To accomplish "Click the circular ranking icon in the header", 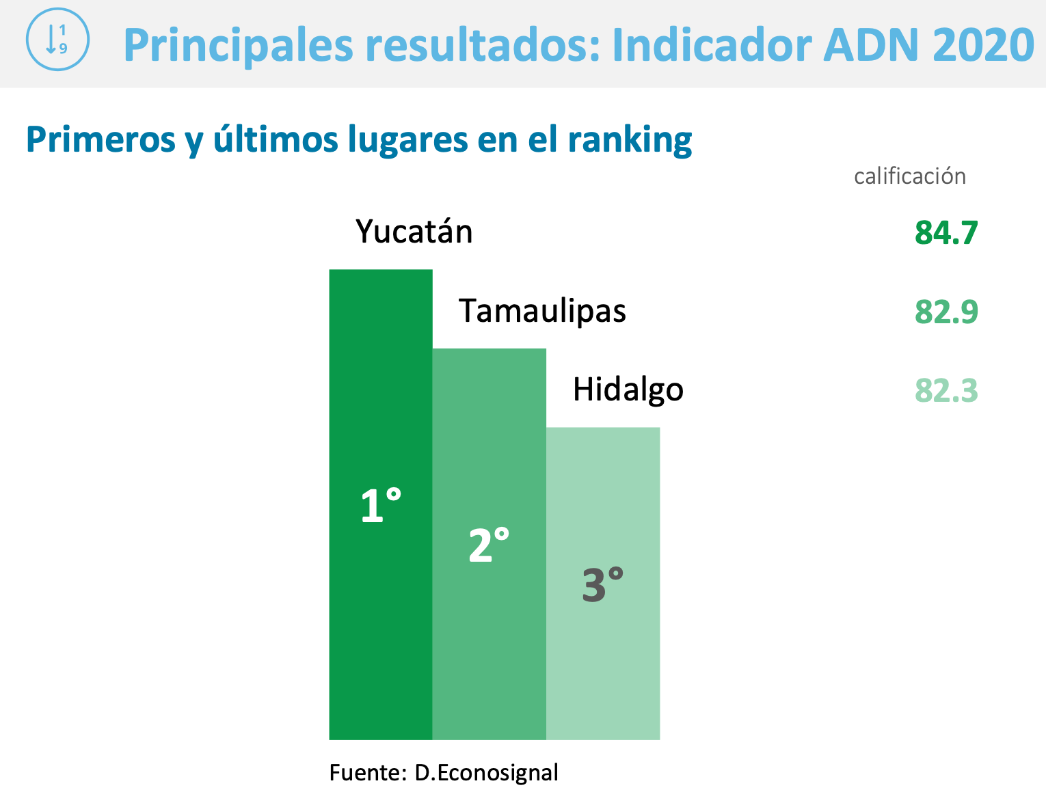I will (x=57, y=39).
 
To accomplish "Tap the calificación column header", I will (x=909, y=176).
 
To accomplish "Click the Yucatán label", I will (x=414, y=232).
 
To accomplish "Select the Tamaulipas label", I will (x=542, y=311).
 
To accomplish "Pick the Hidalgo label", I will (x=628, y=390).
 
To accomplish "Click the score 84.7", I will (x=946, y=233).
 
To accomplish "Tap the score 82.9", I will (x=946, y=312).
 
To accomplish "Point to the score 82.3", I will (x=946, y=391).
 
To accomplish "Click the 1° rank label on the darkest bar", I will (x=380, y=506).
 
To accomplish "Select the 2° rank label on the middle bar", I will (x=489, y=545).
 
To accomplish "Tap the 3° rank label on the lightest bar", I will (x=602, y=585).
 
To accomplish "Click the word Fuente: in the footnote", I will (x=368, y=773).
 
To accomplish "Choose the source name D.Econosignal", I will (x=486, y=773).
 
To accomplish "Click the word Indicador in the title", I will (x=711, y=45).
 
